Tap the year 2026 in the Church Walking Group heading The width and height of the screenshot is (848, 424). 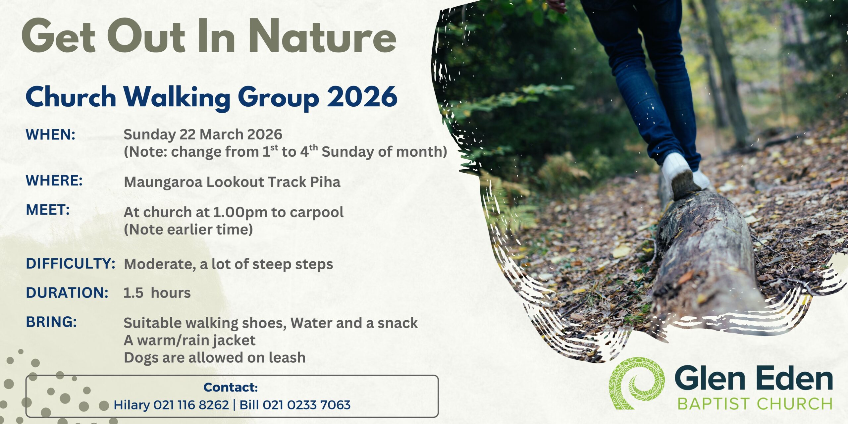362,97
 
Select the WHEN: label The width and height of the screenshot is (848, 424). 51,135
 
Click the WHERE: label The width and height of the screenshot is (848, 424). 54,181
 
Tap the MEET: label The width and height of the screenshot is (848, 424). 48,210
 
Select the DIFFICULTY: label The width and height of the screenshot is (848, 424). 71,264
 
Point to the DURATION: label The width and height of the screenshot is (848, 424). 67,293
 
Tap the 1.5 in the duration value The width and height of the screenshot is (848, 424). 133,293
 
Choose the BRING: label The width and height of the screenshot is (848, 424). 51,322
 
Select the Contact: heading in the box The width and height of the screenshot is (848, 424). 231,387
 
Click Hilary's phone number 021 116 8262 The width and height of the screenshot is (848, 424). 191,405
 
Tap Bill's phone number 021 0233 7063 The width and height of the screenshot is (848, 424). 306,405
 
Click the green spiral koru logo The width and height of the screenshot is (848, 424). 637,383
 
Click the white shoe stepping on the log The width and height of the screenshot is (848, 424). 677,173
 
